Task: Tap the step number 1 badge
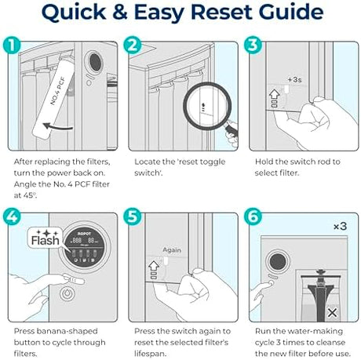coord(12,45)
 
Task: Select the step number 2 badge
coord(133,45)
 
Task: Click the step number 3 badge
coord(253,45)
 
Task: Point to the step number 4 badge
coord(12,216)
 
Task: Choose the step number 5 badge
coord(133,216)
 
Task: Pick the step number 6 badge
coord(253,216)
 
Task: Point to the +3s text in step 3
coord(294,79)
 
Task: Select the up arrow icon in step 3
coord(274,94)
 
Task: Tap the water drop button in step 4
coord(67,294)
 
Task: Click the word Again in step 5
coord(172,250)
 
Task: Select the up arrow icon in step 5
coord(154,266)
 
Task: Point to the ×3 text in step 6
coord(340,226)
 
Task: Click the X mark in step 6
coord(332,313)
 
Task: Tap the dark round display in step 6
coord(278,262)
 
